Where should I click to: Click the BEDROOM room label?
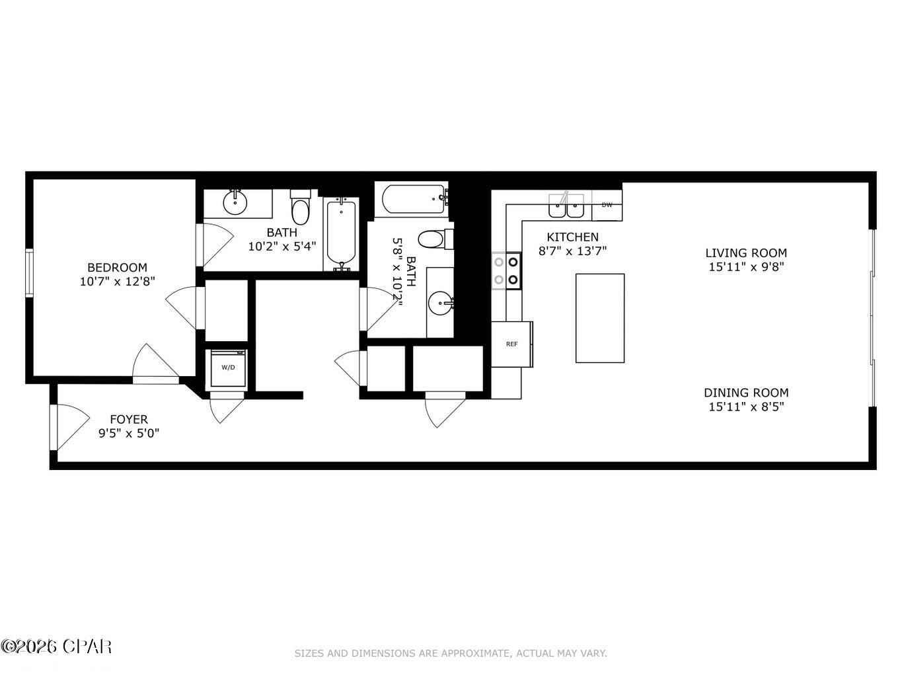point(117,267)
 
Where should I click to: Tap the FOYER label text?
point(128,419)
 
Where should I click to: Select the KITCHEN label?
point(572,237)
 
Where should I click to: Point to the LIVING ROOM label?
point(745,253)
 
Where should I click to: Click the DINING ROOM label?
point(745,393)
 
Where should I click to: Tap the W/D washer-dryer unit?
point(227,368)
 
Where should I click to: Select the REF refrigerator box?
point(511,344)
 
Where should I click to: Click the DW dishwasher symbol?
point(607,205)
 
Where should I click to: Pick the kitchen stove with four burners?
point(506,271)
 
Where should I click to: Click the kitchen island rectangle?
point(599,318)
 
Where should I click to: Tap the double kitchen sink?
point(566,206)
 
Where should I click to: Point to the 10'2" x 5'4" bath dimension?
point(282,247)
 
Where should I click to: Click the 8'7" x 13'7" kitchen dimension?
point(572,251)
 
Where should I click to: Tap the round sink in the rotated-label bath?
point(440,304)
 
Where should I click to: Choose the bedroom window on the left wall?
point(29,272)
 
